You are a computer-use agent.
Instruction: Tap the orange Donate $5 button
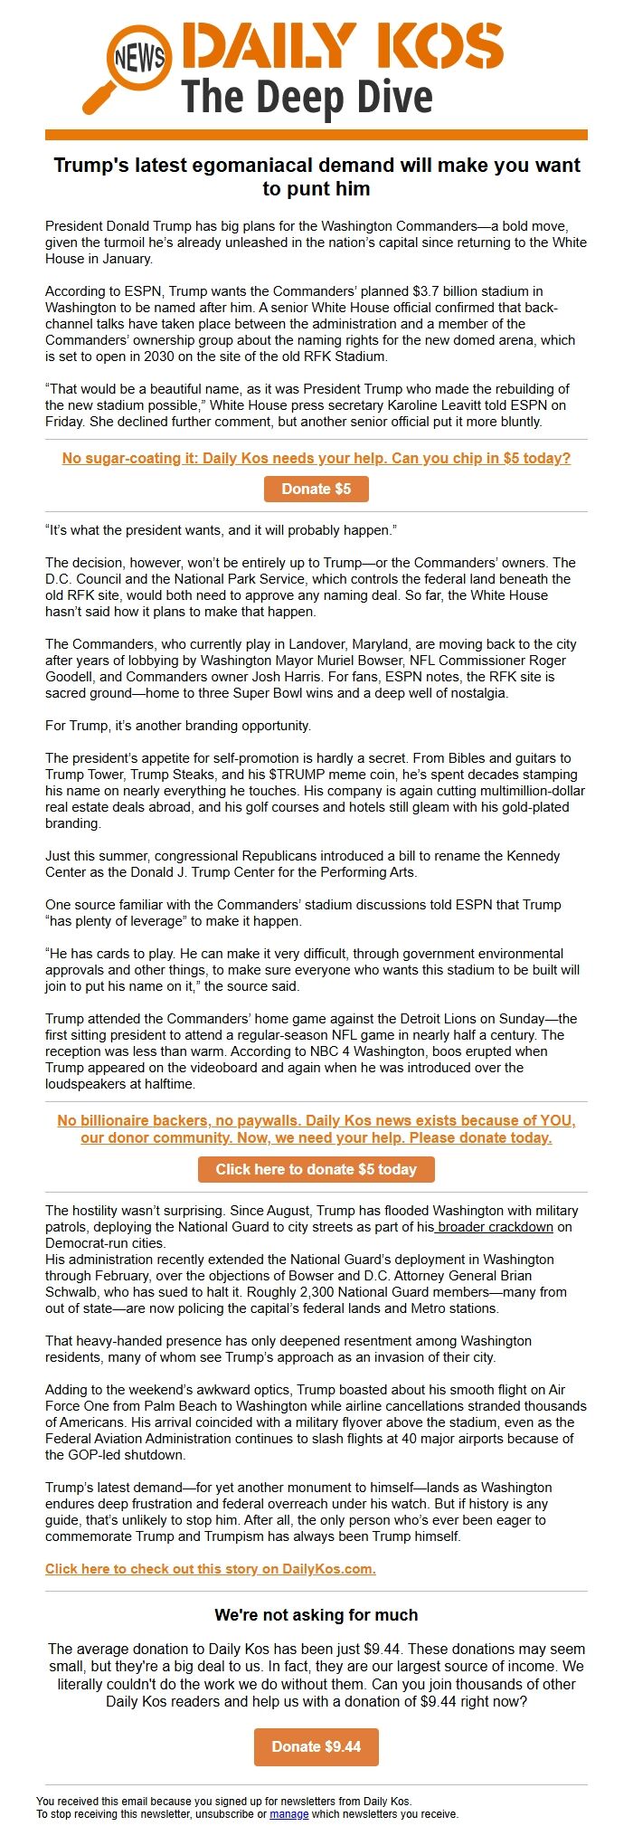tap(316, 489)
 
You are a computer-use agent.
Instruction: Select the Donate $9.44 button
tap(316, 1746)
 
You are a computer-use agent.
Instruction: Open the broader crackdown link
tap(495, 1227)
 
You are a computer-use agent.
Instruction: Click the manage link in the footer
tap(288, 1814)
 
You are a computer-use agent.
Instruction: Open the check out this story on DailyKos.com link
tap(210, 1569)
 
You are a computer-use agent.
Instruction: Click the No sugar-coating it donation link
tap(316, 458)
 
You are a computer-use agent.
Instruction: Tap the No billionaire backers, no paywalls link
tap(316, 1128)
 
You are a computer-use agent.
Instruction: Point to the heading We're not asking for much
tap(316, 1615)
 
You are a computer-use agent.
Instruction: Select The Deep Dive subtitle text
tap(307, 97)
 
